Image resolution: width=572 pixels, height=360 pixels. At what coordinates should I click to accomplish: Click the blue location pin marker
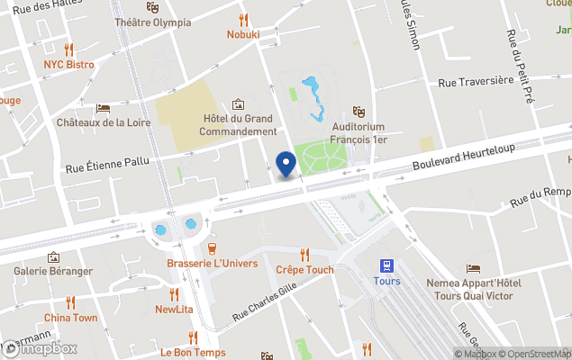pyautogui.click(x=286, y=165)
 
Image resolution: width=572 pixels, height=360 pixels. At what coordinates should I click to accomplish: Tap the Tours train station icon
pyautogui.click(x=386, y=265)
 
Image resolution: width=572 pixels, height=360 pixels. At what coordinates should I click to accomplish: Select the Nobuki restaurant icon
pyautogui.click(x=243, y=19)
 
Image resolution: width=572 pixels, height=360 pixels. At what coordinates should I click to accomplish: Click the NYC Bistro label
pyautogui.click(x=68, y=65)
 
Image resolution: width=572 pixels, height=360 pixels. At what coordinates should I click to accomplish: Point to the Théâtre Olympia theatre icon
pyautogui.click(x=154, y=5)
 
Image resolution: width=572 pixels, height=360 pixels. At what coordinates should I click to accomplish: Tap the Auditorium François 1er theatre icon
pyautogui.click(x=359, y=111)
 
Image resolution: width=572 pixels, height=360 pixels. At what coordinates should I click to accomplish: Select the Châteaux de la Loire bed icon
pyautogui.click(x=103, y=107)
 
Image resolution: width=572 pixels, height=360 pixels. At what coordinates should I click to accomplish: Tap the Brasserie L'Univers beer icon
pyautogui.click(x=213, y=248)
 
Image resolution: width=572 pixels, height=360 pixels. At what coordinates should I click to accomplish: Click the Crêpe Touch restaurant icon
pyautogui.click(x=304, y=255)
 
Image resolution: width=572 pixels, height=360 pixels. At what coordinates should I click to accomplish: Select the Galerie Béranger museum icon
pyautogui.click(x=53, y=256)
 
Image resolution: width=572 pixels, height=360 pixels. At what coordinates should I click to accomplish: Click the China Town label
pyautogui.click(x=70, y=318)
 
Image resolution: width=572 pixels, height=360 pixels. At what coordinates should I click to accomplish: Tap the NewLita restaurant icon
pyautogui.click(x=174, y=294)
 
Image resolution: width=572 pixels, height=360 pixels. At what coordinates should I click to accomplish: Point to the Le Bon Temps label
pyautogui.click(x=193, y=352)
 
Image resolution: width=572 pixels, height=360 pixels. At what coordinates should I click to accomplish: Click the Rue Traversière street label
pyautogui.click(x=475, y=81)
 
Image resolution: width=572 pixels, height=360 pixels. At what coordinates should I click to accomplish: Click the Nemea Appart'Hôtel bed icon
pyautogui.click(x=473, y=268)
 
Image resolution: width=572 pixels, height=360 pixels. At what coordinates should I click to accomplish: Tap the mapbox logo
pyautogui.click(x=41, y=348)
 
